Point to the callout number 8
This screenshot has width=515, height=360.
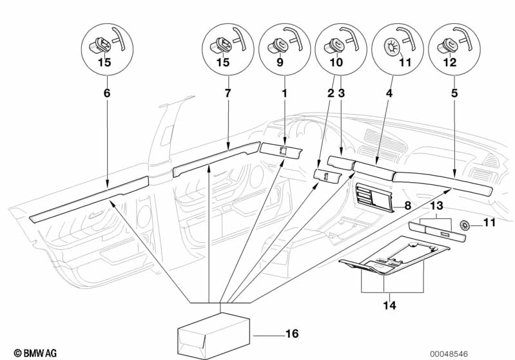coord(407,205)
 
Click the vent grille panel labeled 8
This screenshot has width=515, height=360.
coord(374,197)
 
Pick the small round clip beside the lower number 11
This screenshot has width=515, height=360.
coord(465,225)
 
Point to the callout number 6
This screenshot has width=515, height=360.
coord(108,93)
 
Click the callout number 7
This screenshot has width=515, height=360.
coord(228,93)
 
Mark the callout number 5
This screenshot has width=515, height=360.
coord(456,93)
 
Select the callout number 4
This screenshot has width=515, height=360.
coord(389,93)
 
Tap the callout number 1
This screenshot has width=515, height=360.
coord(284,93)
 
